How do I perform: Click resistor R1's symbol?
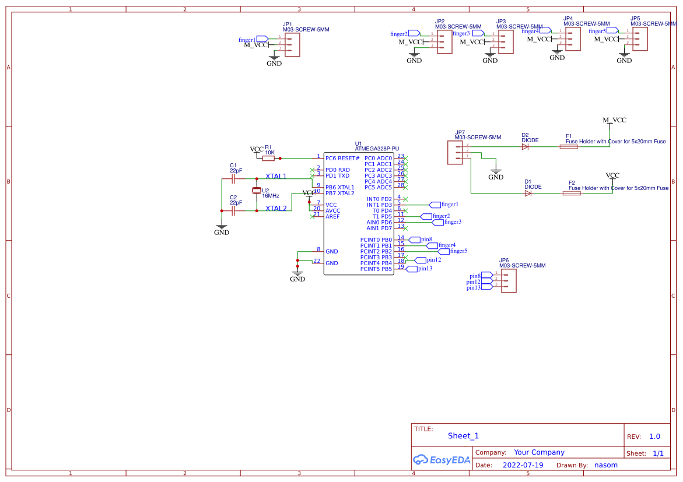[x=268, y=158]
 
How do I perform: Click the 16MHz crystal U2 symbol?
[x=256, y=191]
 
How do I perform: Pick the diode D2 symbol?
[x=525, y=147]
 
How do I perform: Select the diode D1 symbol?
[x=528, y=193]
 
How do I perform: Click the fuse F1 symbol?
[x=569, y=147]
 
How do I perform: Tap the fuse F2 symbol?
[x=572, y=193]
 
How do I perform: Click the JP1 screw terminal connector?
[x=292, y=44]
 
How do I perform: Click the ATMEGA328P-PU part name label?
[x=377, y=149]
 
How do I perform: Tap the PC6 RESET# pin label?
[x=342, y=159]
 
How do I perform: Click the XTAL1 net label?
[x=276, y=176]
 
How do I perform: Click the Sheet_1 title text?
[x=463, y=436]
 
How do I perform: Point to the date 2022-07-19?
[x=523, y=465]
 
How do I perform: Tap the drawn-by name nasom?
[x=605, y=465]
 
